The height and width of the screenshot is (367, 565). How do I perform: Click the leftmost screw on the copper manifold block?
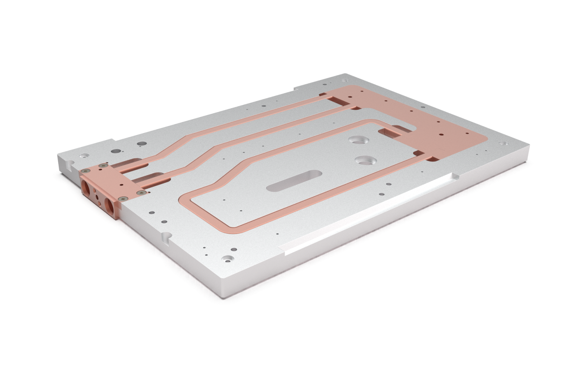point(85,171)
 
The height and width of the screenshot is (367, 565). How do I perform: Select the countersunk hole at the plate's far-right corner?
point(502,143)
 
